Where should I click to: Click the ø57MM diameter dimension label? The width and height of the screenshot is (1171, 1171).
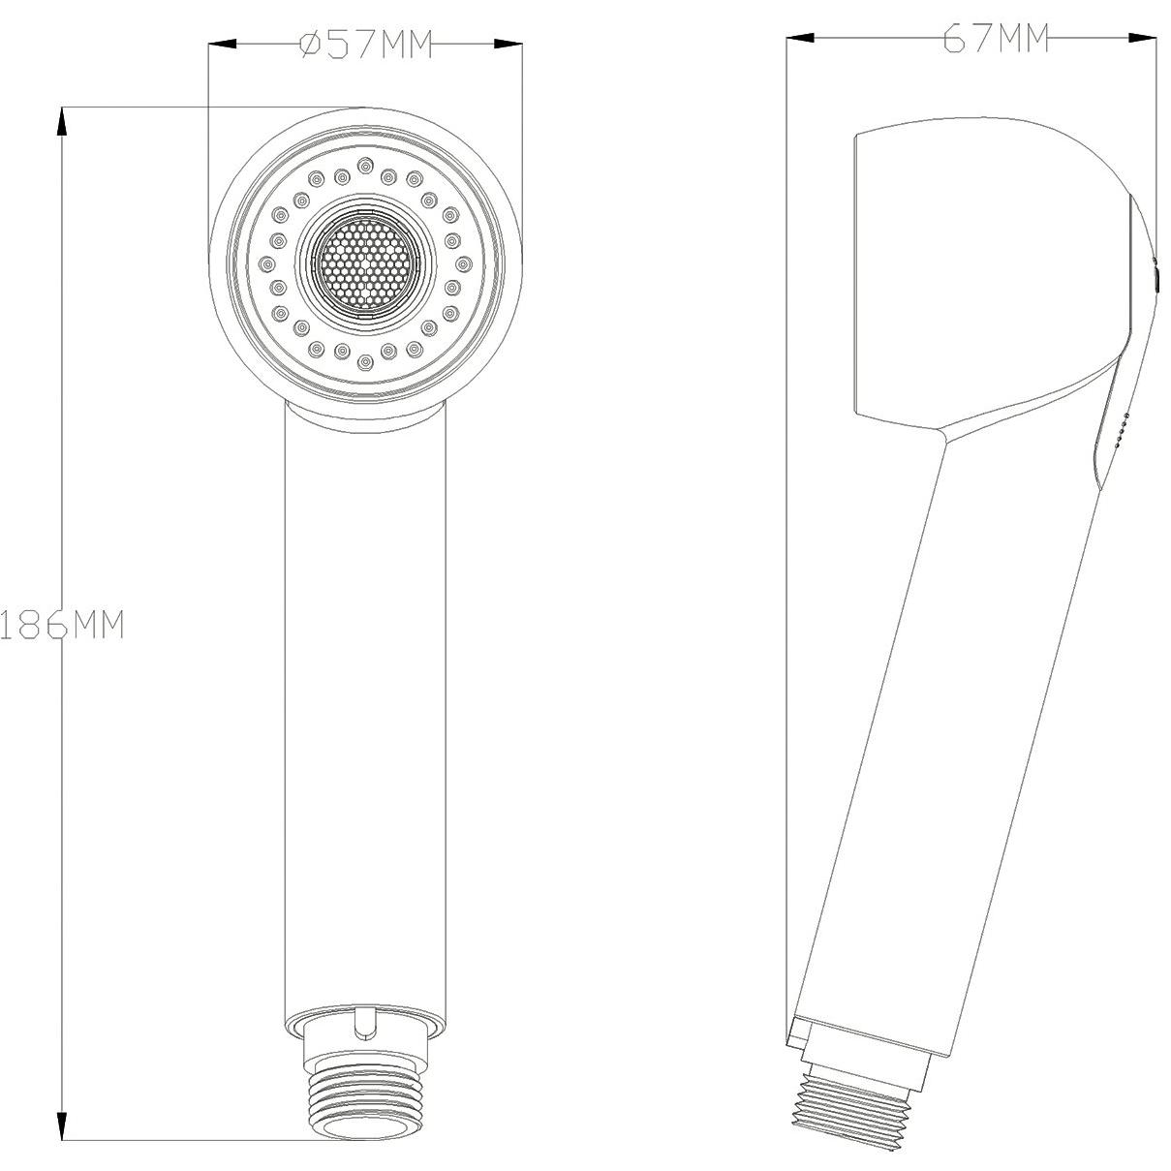pyautogui.click(x=366, y=45)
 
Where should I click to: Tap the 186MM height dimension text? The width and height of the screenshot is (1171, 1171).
pyautogui.click(x=62, y=624)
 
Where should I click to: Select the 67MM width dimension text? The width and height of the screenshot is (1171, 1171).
pyautogui.click(x=996, y=39)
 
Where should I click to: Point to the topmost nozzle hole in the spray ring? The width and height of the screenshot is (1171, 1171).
pyautogui.click(x=365, y=165)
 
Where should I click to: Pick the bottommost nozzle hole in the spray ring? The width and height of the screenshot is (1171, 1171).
pyautogui.click(x=364, y=363)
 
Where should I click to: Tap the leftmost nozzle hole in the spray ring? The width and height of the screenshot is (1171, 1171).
pyautogui.click(x=266, y=263)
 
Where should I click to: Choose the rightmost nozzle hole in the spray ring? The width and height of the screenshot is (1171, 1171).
pyautogui.click(x=464, y=263)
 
